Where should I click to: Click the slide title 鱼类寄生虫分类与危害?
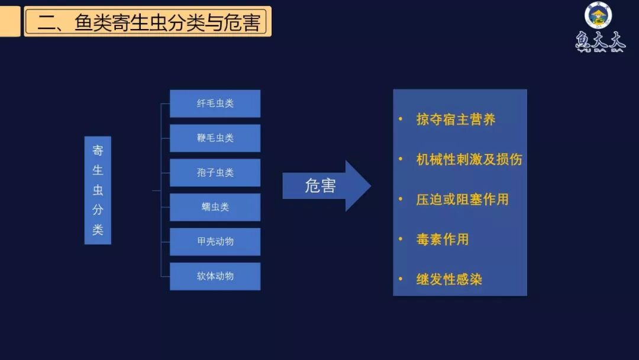(148, 22)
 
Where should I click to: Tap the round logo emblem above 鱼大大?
(598, 15)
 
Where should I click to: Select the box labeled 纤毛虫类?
(215, 104)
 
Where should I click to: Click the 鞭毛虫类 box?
(215, 138)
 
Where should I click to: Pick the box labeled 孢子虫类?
(215, 173)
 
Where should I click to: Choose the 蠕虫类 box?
(215, 207)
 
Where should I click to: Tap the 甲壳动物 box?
(215, 242)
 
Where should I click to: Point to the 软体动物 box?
(215, 276)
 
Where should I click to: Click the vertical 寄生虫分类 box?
(98, 190)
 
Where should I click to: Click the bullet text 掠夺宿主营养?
(456, 120)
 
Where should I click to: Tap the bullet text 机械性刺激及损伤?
(469, 159)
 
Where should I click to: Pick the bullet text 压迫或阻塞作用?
(462, 200)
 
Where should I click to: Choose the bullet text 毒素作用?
(442, 239)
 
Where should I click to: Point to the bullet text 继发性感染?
(449, 279)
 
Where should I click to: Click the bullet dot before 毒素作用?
(401, 239)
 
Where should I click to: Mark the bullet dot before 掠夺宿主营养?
(401, 120)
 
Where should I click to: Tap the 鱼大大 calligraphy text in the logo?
(600, 41)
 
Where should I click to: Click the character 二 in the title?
(46, 22)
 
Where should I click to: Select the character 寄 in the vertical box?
(98, 150)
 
